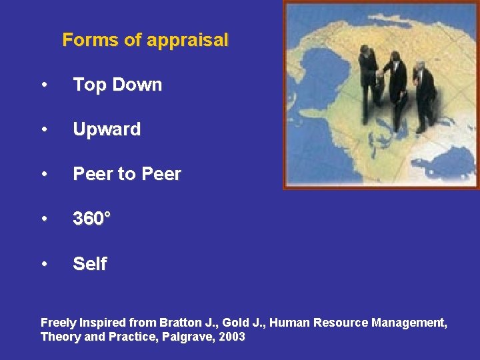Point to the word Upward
tap(107, 129)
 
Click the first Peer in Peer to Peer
tap(93, 175)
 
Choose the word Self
tap(89, 264)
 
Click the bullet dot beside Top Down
tap(44, 85)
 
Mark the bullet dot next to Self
tap(44, 265)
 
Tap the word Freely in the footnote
tap(59, 323)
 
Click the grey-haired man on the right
tap(422, 93)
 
